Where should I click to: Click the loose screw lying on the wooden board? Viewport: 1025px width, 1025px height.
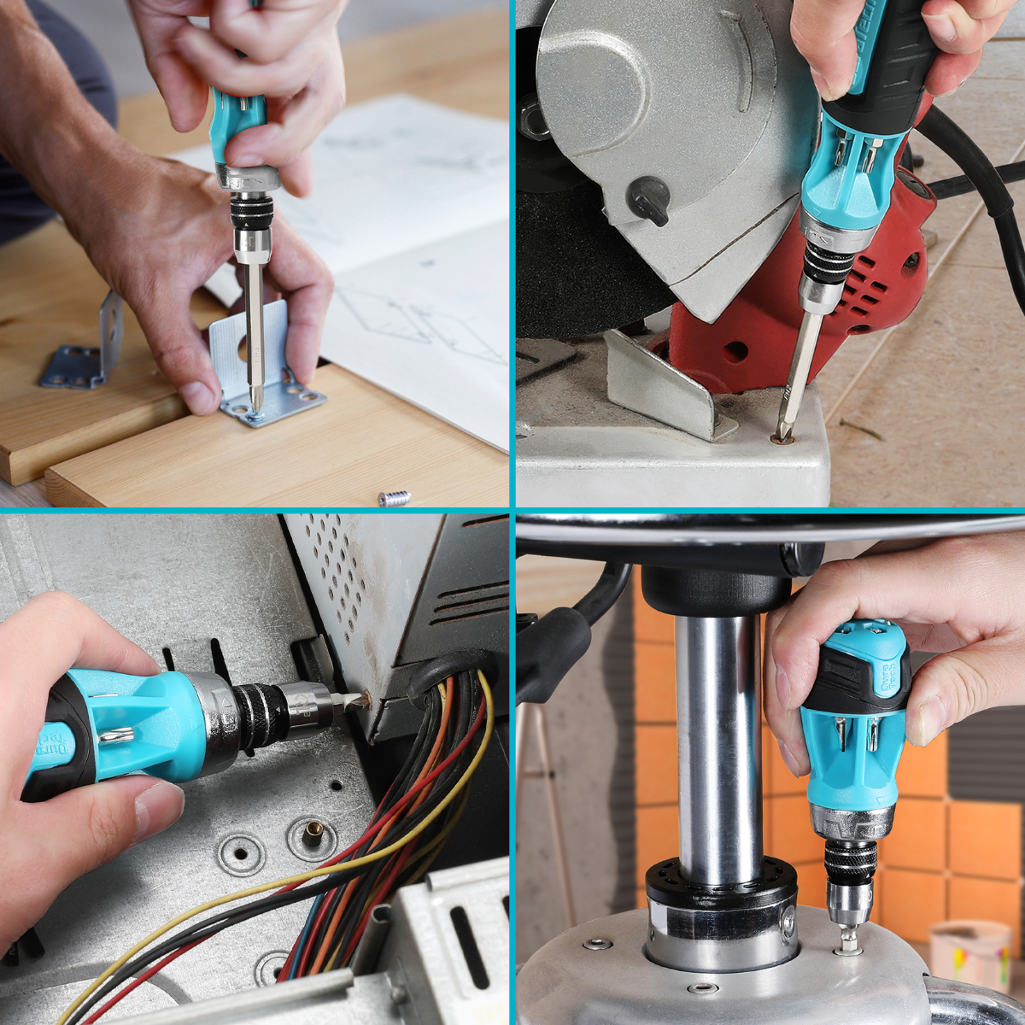pyautogui.click(x=394, y=497)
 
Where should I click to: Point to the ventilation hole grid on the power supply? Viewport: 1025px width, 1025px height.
pyautogui.click(x=342, y=581)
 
